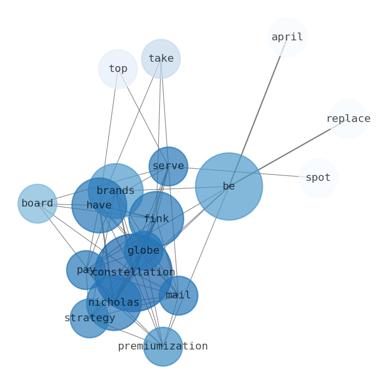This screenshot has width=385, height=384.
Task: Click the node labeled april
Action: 287,37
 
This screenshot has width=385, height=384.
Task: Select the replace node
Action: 348,119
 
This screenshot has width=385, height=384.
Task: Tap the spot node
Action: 318,178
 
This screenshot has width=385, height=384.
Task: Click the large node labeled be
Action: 229,186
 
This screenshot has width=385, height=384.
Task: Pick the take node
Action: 161,59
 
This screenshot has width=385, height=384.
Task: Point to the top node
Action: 118,69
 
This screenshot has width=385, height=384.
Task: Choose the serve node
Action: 168,166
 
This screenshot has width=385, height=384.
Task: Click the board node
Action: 37,204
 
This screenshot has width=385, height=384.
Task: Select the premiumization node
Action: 163,346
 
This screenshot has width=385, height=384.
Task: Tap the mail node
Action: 178,296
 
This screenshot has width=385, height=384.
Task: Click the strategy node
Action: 90,318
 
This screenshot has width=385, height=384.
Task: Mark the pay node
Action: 86,270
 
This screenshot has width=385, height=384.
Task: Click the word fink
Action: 156,219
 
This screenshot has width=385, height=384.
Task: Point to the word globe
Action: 144,251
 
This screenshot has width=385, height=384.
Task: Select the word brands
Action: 115,191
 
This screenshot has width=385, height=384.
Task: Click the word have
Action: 99,206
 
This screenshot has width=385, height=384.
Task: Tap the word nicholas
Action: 114,303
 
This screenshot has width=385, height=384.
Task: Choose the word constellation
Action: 133,273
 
